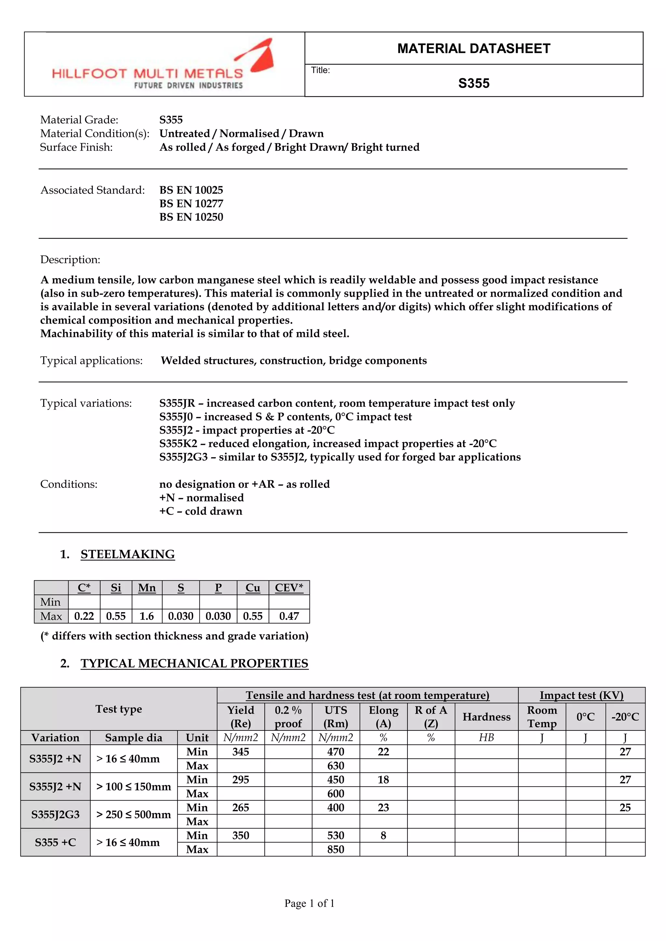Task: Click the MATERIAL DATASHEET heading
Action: tap(474, 48)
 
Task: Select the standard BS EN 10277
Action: tap(191, 204)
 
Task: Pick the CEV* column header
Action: tap(289, 588)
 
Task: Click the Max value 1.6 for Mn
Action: tap(147, 616)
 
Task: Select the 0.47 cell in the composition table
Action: tap(289, 616)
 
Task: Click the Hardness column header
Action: tap(486, 717)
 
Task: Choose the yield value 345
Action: tap(240, 752)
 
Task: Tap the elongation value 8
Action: tap(383, 835)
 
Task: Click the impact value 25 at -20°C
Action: tap(625, 807)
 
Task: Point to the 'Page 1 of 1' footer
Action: tap(310, 903)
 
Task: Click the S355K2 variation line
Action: tap(328, 444)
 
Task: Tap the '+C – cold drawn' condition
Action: tap(201, 511)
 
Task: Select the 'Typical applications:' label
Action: tap(91, 361)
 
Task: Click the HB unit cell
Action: tap(486, 738)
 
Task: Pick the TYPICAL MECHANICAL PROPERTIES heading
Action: tap(194, 664)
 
